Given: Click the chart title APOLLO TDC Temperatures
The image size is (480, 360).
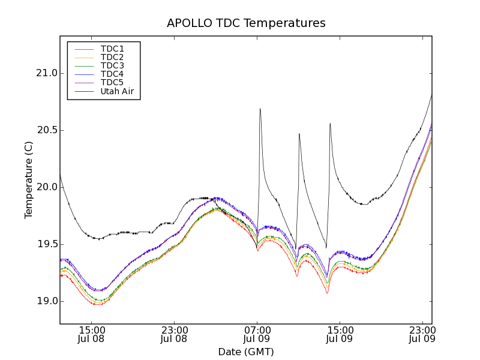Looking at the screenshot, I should [x=246, y=23].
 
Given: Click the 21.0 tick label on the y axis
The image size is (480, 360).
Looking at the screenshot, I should [x=46, y=73].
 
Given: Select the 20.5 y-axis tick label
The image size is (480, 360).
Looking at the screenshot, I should [x=46, y=130].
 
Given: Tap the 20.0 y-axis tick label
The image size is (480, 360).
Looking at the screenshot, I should [x=46, y=187].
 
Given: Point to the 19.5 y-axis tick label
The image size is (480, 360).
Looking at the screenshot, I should [x=46, y=244].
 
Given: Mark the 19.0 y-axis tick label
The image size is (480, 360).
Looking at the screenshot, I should [x=46, y=301].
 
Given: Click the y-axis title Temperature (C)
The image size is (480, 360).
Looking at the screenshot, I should [x=29, y=180].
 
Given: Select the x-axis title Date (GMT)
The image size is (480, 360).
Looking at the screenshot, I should [x=246, y=352].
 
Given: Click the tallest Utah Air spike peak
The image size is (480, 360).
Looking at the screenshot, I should [x=260, y=109].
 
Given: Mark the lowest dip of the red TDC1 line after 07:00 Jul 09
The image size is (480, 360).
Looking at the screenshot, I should [x=327, y=293].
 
